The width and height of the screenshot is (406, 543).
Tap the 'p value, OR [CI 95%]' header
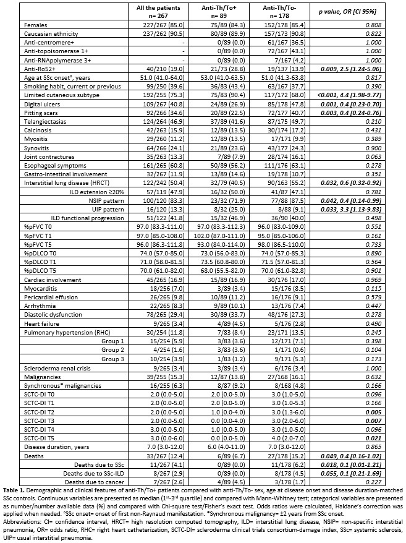pos(363,11)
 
